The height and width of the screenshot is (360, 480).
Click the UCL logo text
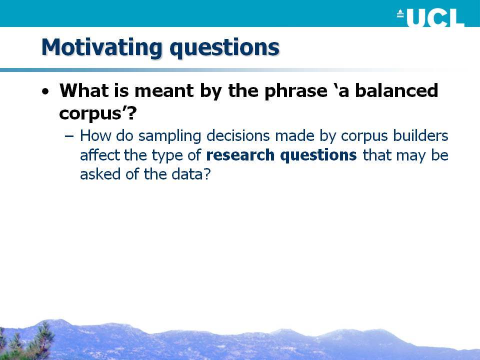[x=435, y=18]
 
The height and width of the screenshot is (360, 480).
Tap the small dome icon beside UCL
[x=400, y=13]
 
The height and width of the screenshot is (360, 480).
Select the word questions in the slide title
[x=224, y=48]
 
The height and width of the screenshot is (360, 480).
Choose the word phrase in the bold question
[x=295, y=91]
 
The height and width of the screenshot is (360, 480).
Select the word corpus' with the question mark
[x=97, y=113]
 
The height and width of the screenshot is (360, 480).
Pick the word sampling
[x=169, y=136]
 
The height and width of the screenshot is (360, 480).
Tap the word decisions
[x=238, y=135]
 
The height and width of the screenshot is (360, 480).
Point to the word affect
[x=100, y=155]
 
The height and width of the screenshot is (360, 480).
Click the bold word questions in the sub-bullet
[x=318, y=155]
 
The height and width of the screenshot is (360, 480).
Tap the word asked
[x=100, y=174]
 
